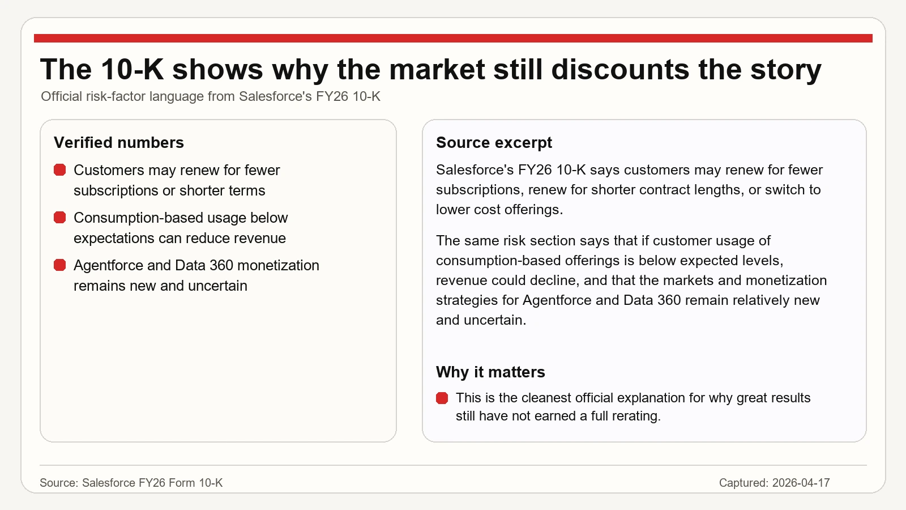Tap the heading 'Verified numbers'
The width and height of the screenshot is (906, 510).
click(118, 142)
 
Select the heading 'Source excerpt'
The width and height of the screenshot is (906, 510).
click(494, 142)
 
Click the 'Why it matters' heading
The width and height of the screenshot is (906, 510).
click(490, 372)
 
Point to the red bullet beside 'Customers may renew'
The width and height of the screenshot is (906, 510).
click(60, 170)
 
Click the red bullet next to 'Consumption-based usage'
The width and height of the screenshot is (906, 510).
click(60, 218)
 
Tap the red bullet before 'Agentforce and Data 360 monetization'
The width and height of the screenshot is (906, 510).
click(60, 266)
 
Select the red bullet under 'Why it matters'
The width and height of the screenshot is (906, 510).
click(442, 398)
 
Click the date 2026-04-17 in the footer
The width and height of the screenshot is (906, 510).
click(801, 482)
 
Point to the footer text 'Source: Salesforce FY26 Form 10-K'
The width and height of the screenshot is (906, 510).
click(131, 482)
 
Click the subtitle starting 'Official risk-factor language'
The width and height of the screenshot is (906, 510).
click(210, 96)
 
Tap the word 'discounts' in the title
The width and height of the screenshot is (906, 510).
click(620, 69)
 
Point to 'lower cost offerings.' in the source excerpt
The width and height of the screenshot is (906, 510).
click(499, 210)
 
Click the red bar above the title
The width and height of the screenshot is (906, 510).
click(453, 38)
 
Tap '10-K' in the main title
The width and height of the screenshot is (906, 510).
click(132, 69)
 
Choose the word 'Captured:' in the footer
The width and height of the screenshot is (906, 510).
click(743, 482)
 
